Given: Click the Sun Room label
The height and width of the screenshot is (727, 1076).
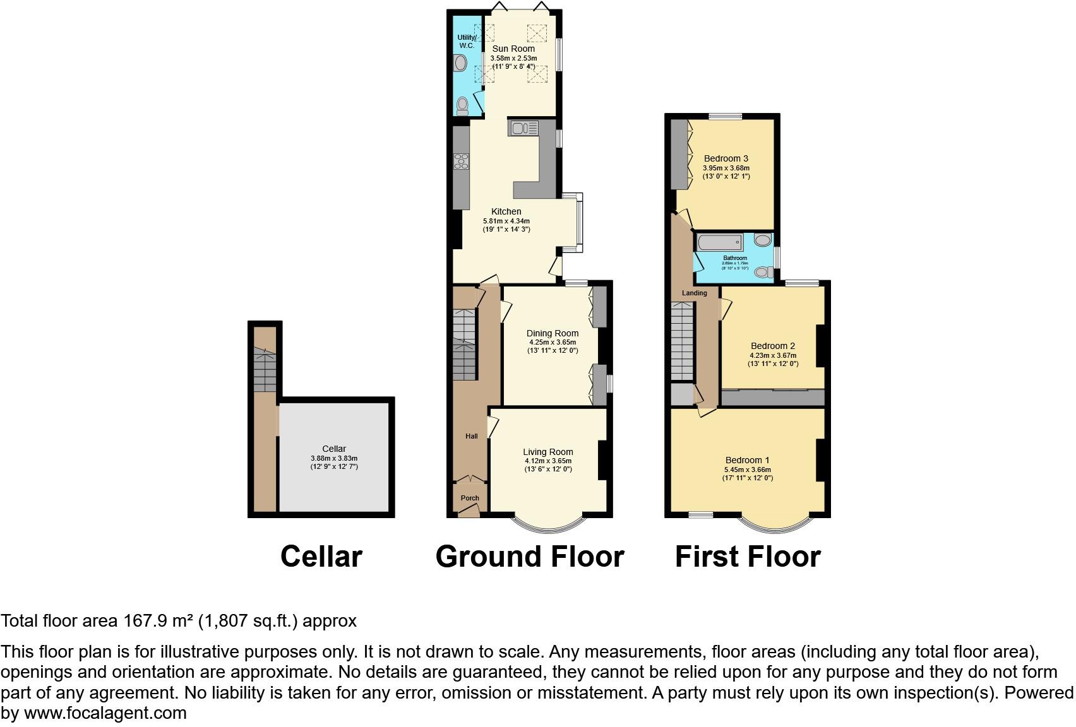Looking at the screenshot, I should pos(513,49).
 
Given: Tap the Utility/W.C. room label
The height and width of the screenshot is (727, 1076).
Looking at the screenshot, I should pos(467,42).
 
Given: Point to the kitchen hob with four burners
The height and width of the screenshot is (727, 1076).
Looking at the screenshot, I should pos(462,162).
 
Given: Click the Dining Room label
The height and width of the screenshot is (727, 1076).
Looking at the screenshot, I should pos(553,333).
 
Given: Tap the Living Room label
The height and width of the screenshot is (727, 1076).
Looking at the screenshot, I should pos(548,452).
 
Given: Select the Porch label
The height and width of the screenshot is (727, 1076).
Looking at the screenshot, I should pos(470,498).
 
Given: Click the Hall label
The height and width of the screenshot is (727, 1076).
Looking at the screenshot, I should pos(472,436).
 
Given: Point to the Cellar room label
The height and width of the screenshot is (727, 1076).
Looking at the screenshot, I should pos(334,449).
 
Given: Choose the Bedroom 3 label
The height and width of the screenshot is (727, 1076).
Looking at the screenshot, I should pos(726,158).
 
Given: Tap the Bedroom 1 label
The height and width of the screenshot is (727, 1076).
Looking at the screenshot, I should pos(748,460).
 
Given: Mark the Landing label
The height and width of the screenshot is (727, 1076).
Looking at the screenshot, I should pos(695,293).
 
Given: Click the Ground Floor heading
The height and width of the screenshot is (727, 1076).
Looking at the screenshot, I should pos(530,557).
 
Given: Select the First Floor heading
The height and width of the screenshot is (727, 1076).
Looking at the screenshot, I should pos(748,557).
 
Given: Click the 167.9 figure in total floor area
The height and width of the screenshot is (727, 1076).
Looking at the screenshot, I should pos(146,621).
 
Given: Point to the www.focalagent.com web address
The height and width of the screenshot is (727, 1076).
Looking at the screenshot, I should pos(105,713).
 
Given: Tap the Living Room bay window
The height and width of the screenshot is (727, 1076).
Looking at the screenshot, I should pos(549,524).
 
